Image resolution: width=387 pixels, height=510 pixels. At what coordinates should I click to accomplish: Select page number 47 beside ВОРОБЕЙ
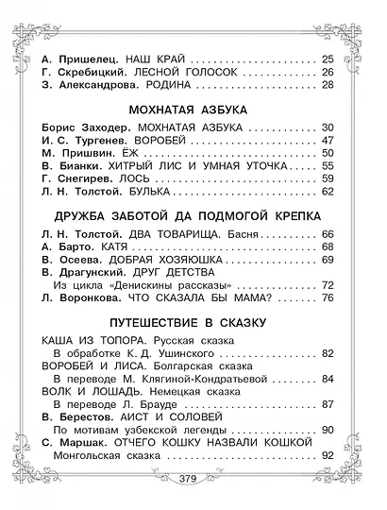328,138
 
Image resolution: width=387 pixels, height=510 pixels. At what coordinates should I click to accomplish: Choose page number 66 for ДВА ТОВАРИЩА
328,233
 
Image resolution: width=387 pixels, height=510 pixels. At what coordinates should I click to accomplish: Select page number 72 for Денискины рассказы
328,284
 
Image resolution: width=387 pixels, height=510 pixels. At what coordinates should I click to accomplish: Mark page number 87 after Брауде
328,405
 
